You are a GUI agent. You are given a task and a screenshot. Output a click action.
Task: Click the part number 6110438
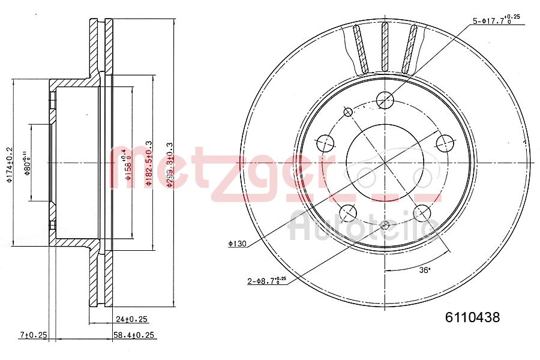point(472,317)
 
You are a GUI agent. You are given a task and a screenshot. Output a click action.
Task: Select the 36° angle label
point(425,270)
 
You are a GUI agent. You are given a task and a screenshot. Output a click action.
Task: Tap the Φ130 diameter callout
point(238,243)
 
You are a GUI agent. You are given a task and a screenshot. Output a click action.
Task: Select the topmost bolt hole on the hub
point(384,99)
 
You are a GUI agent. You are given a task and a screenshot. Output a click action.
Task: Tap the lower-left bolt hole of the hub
point(347,213)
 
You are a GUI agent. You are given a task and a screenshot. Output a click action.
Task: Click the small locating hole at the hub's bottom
point(385,226)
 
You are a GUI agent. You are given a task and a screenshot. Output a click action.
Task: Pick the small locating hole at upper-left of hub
point(347,112)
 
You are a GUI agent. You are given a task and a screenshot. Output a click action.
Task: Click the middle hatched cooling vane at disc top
point(385,47)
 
